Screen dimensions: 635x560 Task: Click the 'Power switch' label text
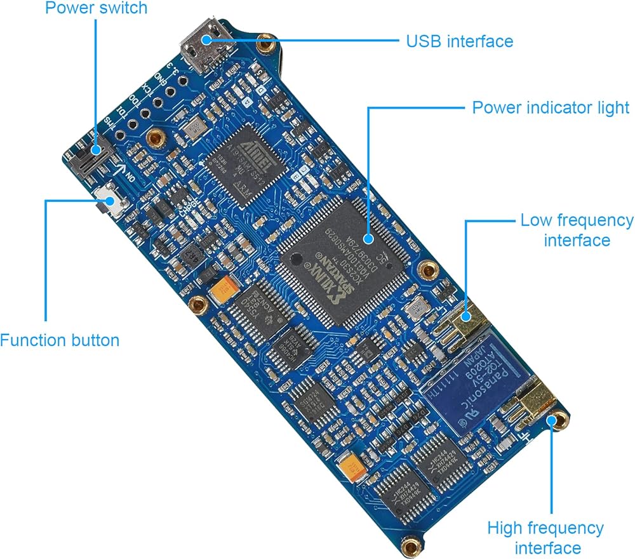click(x=95, y=8)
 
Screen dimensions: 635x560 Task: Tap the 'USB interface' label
click(x=459, y=41)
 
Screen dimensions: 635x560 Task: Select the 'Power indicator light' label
click(x=551, y=107)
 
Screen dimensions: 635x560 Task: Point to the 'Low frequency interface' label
click(x=577, y=230)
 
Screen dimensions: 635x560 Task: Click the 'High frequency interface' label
click(x=545, y=537)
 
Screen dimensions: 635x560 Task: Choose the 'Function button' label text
click(x=60, y=340)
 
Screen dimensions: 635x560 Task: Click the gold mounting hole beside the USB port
click(x=264, y=44)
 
